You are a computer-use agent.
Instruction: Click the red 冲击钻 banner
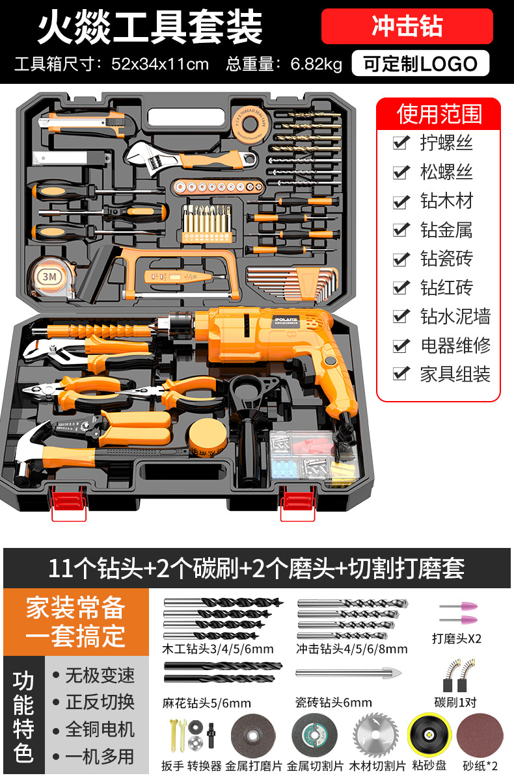(407, 26)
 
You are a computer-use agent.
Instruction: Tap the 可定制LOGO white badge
(420, 64)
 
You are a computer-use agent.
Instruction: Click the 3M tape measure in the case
(51, 278)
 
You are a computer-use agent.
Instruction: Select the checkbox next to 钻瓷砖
(401, 259)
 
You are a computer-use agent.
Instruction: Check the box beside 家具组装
(401, 374)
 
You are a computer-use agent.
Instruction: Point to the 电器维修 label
(455, 345)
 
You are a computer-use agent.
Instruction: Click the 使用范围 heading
(439, 114)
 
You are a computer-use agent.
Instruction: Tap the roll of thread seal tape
(250, 125)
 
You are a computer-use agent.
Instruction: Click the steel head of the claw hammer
(30, 449)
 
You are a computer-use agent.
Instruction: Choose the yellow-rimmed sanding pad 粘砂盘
(429, 734)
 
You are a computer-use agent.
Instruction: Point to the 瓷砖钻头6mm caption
(334, 703)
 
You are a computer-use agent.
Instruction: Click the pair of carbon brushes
(457, 675)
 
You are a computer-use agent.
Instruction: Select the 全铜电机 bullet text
(100, 729)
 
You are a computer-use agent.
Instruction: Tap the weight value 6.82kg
(316, 64)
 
